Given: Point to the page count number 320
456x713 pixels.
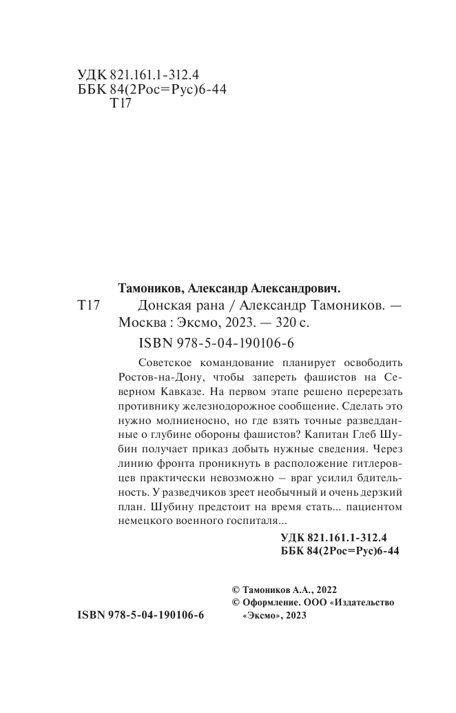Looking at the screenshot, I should click(278, 323).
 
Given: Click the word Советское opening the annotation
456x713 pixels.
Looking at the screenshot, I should click(169, 363).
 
